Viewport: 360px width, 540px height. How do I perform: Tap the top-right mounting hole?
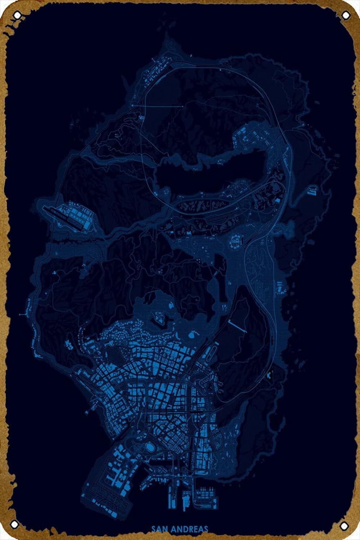coord(345,15)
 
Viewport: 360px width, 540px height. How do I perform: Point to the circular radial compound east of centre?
coord(237,240)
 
